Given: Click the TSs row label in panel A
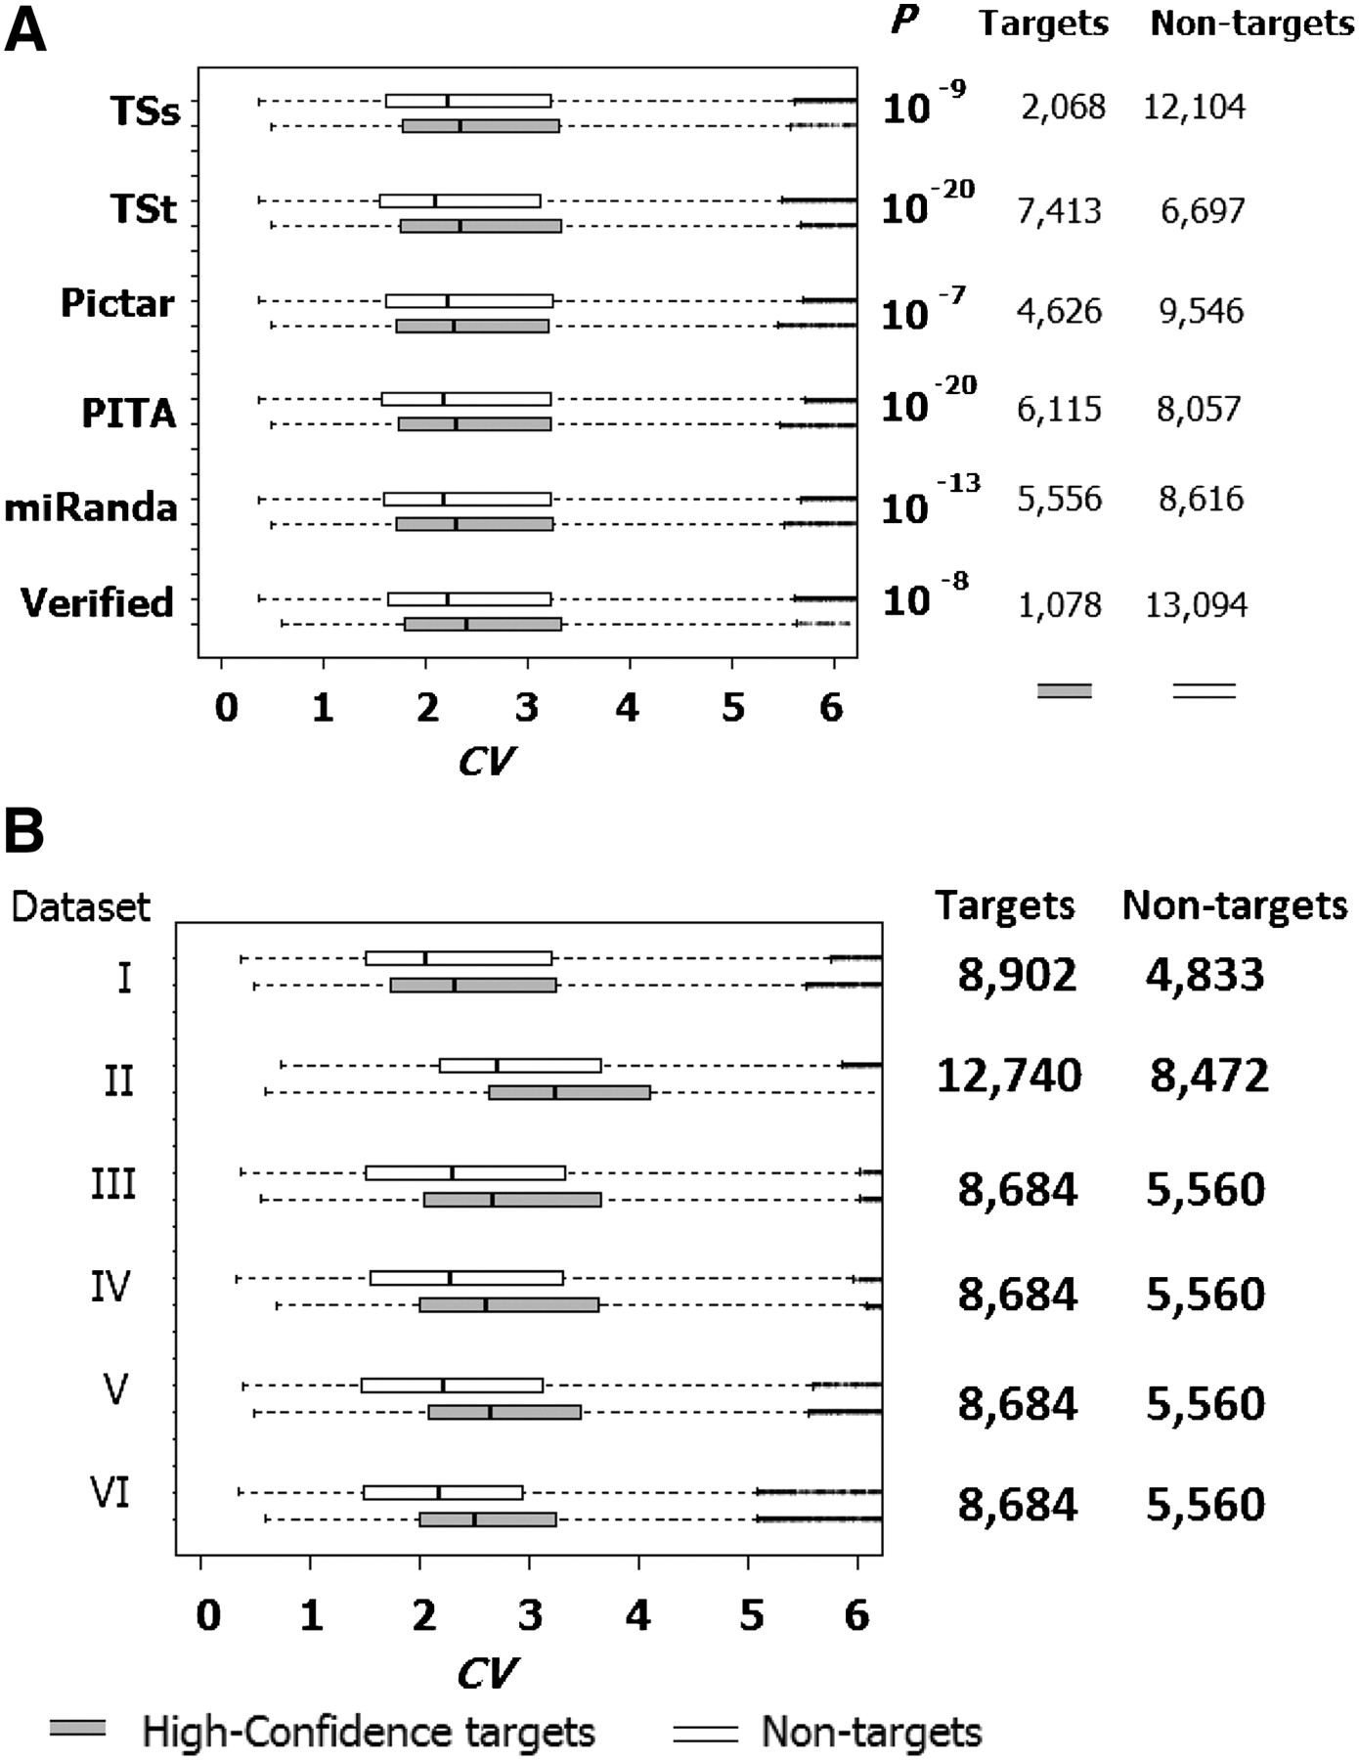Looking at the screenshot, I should (x=146, y=111).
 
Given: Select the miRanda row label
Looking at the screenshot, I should (x=91, y=507).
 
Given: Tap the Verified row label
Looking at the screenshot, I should (x=98, y=602).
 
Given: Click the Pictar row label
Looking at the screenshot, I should (x=117, y=303).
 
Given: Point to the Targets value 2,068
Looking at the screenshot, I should (x=1063, y=107).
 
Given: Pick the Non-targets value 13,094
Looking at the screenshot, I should (x=1196, y=605).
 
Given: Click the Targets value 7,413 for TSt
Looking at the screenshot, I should (x=1059, y=210).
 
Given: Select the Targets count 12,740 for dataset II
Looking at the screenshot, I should (x=1009, y=1076).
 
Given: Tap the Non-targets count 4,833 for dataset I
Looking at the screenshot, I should (x=1206, y=975).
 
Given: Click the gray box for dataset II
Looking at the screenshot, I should (x=569, y=1092).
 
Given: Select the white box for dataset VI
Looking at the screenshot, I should (x=443, y=1492).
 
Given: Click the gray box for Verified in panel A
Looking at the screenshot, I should (x=483, y=624).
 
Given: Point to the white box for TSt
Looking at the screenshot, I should (x=460, y=201).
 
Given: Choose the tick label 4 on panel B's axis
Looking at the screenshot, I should (x=638, y=1615).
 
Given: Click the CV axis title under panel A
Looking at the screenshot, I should (x=486, y=761).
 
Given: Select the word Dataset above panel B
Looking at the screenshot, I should (x=80, y=906).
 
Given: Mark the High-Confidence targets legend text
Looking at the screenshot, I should (x=368, y=1732).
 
